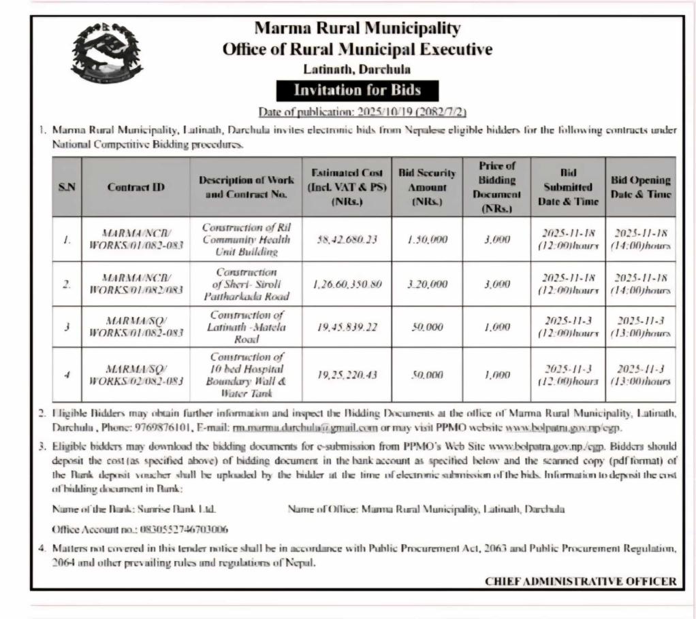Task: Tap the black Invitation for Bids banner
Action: [357, 90]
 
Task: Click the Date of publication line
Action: [362, 112]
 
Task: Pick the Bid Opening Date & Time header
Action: [640, 187]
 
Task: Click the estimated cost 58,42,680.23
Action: [348, 239]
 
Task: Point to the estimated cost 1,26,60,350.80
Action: [348, 284]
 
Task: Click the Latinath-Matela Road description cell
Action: [247, 327]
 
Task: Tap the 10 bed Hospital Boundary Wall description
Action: [247, 374]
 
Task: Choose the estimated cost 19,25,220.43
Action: [348, 374]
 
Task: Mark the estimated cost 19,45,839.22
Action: [348, 327]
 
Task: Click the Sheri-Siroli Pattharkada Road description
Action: [247, 284]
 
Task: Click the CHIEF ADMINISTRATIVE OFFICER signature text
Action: [581, 581]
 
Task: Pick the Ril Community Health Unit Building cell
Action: [247, 239]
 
